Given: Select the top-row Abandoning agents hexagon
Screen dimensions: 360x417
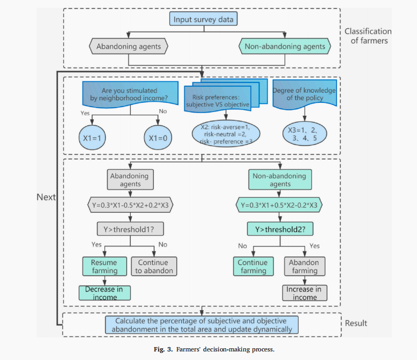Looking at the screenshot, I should [129, 47].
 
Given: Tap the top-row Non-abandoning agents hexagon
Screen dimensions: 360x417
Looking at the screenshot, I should [285, 47].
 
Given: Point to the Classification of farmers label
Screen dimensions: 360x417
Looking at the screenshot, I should [368, 36].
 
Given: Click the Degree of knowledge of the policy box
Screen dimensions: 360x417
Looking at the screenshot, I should [304, 94].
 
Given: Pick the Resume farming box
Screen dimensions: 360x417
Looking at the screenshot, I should [104, 266].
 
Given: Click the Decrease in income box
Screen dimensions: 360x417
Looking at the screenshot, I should [104, 293].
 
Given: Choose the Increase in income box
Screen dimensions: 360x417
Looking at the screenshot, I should [304, 293].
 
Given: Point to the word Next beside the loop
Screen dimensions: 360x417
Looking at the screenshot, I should [46, 197].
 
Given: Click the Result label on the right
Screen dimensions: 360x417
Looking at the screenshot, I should [356, 323].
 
